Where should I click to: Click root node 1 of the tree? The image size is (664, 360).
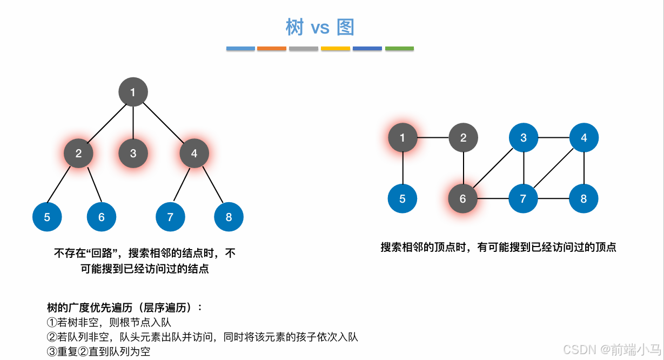tap(133, 92)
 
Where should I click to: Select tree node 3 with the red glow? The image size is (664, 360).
tap(133, 153)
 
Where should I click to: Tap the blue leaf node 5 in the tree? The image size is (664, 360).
tap(47, 217)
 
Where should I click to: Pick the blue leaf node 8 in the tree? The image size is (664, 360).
tap(229, 217)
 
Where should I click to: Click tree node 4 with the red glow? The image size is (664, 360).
tap(194, 153)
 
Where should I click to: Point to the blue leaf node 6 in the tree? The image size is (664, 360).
tap(102, 217)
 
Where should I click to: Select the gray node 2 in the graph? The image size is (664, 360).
tap(463, 137)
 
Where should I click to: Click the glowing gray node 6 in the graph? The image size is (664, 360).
tap(462, 198)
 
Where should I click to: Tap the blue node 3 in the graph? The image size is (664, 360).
tap(524, 137)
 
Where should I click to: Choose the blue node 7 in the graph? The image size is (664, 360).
tap(523, 198)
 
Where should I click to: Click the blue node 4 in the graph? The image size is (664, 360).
tap(583, 137)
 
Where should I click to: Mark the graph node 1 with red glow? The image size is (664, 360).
tap(403, 137)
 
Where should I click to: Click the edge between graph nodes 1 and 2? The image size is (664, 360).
tap(433, 137)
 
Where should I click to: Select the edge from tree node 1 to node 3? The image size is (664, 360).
tap(133, 122)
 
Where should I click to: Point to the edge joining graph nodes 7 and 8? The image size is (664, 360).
tap(553, 198)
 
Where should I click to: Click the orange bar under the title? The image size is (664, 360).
tap(272, 49)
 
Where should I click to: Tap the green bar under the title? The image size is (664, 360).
tap(399, 49)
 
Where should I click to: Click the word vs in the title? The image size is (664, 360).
tap(320, 28)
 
